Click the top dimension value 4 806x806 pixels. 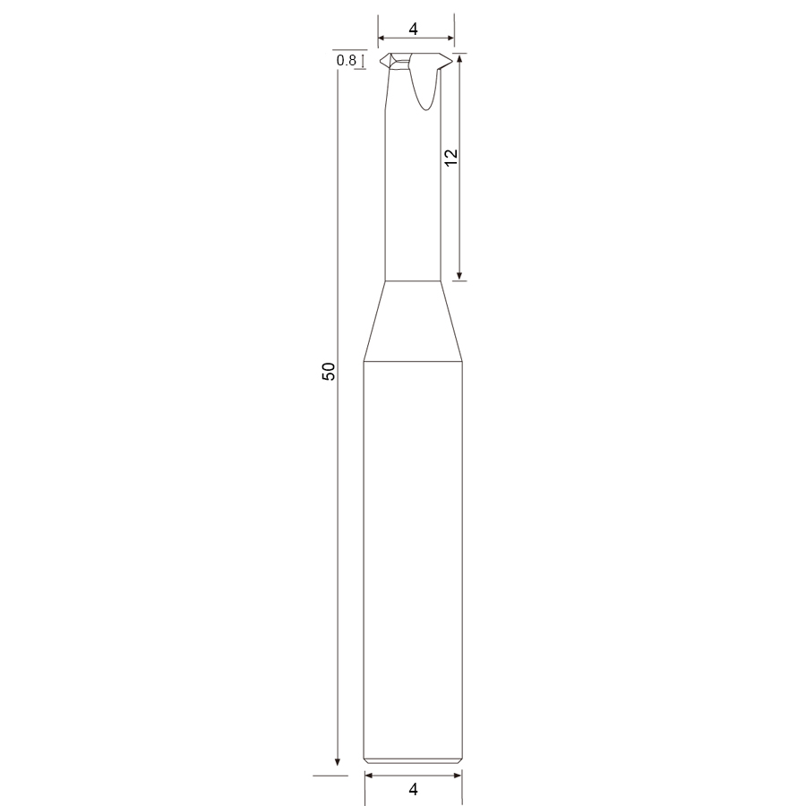coord(413,30)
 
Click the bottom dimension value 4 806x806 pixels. coord(413,789)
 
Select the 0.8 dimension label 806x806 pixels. coord(347,61)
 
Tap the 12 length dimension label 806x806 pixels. coord(450,158)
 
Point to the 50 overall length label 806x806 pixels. coord(329,371)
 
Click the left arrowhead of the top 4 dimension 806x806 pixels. coord(382,38)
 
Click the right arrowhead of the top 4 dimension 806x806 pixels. coord(450,38)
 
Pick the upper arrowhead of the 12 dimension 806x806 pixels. coord(459,57)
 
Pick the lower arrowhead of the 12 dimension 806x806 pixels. coord(459,276)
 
